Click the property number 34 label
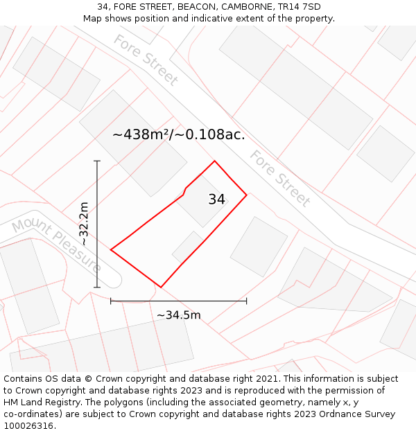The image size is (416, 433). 216,200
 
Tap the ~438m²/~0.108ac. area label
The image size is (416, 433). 178,134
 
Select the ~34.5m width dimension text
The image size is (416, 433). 178,315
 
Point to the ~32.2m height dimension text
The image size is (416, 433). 83,224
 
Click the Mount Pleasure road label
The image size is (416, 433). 56,244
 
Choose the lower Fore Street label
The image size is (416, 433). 279,178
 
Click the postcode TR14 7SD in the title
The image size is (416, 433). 297,7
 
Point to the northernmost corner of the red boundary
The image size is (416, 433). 214,161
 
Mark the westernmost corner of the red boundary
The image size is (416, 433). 111,249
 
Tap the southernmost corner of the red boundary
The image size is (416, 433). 161,287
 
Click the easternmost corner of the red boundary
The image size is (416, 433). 247,195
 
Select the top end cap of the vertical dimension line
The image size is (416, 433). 97,161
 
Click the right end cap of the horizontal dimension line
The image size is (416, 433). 247,301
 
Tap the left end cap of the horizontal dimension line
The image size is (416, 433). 111,301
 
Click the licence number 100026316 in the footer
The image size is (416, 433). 28,426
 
